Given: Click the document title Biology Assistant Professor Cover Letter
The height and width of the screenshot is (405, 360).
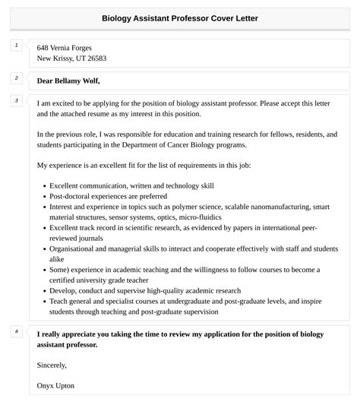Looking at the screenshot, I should click(x=180, y=18).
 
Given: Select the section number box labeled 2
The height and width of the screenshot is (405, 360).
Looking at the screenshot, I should click(x=15, y=78).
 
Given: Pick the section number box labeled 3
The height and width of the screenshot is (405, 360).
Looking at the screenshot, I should click(x=15, y=100).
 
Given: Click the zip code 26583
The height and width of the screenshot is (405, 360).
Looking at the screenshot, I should click(x=95, y=59).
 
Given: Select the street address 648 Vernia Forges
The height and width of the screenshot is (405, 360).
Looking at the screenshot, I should click(x=70, y=47).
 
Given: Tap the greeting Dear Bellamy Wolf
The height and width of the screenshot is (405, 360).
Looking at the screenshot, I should click(x=68, y=81).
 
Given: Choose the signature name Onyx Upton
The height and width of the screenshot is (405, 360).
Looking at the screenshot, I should click(x=55, y=385).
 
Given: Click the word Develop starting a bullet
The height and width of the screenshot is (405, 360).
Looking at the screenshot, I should click(x=64, y=290).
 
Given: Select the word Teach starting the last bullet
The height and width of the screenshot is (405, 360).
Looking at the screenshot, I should click(x=61, y=301).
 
